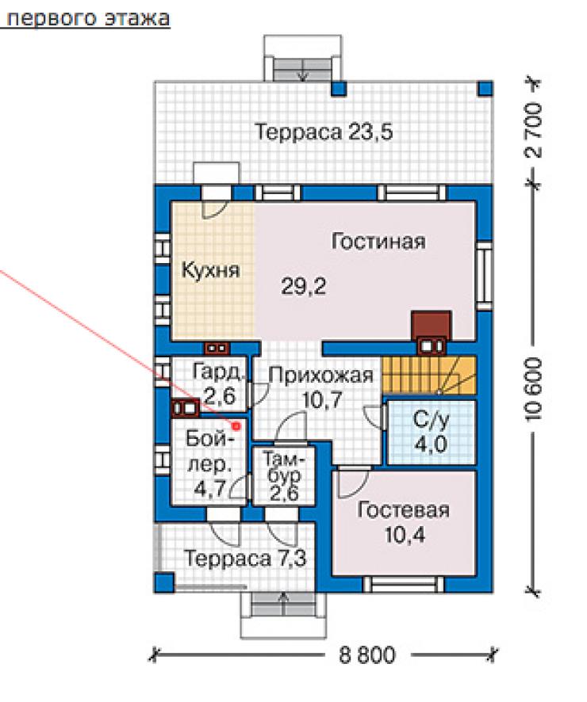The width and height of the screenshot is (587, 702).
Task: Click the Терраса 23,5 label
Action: click(x=324, y=132)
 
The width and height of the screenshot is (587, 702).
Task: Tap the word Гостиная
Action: click(x=378, y=242)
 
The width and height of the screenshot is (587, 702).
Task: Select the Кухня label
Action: click(x=210, y=270)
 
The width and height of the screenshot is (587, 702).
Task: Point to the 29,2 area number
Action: click(x=303, y=286)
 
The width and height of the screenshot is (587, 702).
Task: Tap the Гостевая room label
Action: click(x=403, y=511)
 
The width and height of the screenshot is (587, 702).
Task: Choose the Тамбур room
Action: click(x=284, y=476)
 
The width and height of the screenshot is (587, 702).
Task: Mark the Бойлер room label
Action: click(x=209, y=463)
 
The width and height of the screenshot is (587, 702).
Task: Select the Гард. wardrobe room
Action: click(x=209, y=383)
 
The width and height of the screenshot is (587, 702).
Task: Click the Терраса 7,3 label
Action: click(x=245, y=559)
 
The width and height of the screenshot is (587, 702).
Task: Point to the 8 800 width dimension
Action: click(x=367, y=655)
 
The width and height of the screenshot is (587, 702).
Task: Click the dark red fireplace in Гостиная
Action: click(x=431, y=325)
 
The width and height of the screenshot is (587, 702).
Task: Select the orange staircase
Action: click(x=428, y=376)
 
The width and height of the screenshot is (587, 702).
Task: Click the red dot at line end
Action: click(x=236, y=426)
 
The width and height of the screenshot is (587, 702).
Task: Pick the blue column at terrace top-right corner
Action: click(x=485, y=88)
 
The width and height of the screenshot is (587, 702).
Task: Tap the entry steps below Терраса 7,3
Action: click(x=283, y=605)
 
